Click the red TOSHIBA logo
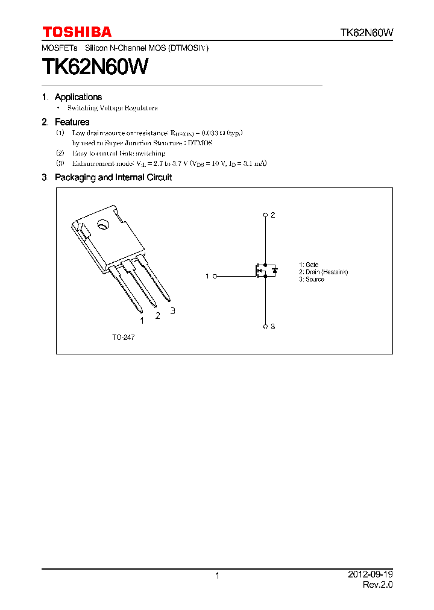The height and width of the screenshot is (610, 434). pos(77,32)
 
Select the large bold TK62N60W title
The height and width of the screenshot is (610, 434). pos(95,66)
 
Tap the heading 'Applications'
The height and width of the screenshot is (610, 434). pos(78,97)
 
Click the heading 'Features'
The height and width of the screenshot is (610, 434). pos(72,122)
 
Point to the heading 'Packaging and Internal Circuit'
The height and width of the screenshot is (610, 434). pos(113,178)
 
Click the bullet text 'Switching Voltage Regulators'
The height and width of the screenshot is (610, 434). pos(112,108)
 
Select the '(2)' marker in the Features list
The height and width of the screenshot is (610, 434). pos(60,154)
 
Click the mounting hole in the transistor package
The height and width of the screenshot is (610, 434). pos(102,225)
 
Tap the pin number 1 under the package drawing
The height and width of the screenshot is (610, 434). pos(142,321)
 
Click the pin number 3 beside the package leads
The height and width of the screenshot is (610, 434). pos(173,311)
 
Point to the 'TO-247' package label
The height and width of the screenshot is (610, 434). pos(123,338)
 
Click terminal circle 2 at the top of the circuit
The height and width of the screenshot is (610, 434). pos(265,215)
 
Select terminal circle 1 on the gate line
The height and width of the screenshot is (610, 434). pos(215,276)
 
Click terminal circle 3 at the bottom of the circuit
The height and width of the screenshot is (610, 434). pos(265,326)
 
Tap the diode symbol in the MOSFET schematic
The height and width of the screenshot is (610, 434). pos(275,271)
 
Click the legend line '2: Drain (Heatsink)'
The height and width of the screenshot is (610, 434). pos(323,272)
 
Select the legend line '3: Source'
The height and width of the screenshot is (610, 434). pos(312,280)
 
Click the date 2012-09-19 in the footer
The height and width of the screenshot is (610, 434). pos(370,574)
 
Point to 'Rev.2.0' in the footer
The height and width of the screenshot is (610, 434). pos(377,585)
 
